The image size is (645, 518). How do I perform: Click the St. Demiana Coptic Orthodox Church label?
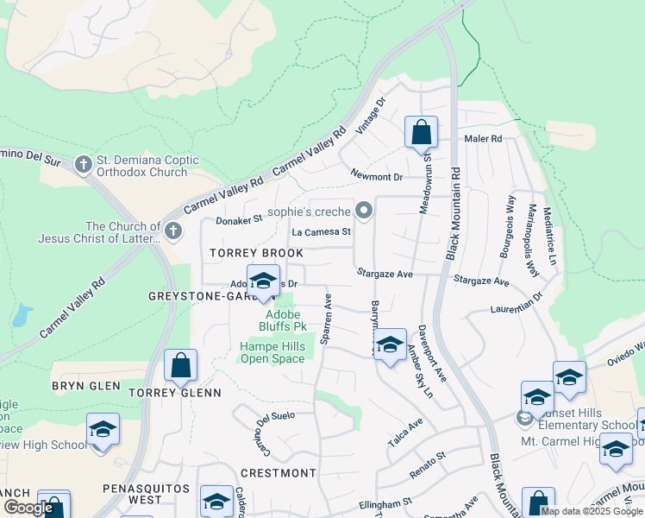click(147, 166)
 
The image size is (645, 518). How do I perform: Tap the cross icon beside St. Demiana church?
click(84, 164)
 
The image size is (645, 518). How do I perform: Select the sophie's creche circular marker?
click(364, 211)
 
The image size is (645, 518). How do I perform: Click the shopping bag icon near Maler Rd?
click(421, 134)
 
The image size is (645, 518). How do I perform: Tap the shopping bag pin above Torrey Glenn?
click(180, 366)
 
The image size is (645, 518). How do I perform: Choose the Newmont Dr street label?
click(377, 176)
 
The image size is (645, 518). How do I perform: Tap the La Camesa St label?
click(322, 231)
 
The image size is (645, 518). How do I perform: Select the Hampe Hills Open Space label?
click(272, 352)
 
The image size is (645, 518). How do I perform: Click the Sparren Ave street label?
click(326, 319)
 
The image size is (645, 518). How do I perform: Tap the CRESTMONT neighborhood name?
click(278, 473)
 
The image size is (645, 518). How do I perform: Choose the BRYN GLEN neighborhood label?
click(85, 386)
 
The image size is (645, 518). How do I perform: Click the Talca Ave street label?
click(405, 432)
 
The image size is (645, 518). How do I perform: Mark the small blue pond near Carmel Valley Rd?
click(22, 315)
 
